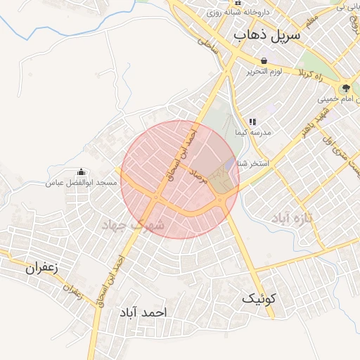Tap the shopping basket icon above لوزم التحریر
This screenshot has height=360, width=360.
pyautogui.click(x=264, y=61)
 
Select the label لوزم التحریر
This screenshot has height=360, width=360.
pyautogui.click(x=264, y=72)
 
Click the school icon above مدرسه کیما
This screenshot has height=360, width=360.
pyautogui.click(x=252, y=122)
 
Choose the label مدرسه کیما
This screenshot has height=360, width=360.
pyautogui.click(x=247, y=133)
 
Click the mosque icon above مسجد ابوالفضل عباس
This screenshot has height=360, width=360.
pyautogui.click(x=81, y=172)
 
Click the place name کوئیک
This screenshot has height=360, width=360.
pyautogui.click(x=260, y=298)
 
